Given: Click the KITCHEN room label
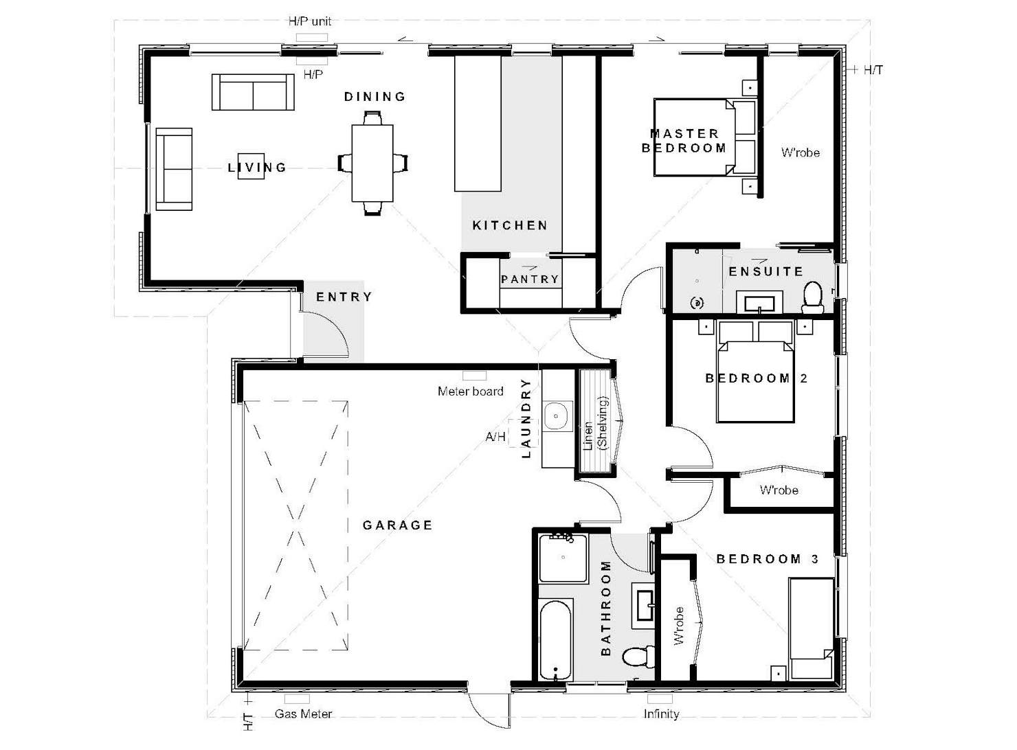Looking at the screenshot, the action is [x=509, y=225].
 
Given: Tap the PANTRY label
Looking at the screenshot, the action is [x=530, y=279].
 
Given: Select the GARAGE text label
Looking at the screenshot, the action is [x=397, y=525].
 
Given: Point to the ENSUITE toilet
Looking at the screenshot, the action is [x=812, y=297].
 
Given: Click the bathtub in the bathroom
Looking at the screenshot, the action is [x=556, y=640].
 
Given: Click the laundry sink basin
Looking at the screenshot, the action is [x=556, y=416].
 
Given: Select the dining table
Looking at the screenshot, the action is [x=372, y=163].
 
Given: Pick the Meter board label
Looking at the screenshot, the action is [x=471, y=391].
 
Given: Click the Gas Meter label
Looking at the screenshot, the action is [x=303, y=714].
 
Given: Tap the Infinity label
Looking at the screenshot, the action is [x=661, y=714].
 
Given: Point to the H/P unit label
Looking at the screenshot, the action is [x=309, y=21].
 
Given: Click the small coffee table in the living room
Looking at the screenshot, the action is [x=251, y=166].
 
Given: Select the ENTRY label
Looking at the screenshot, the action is [x=344, y=297].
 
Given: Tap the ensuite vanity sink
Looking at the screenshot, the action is [x=759, y=303].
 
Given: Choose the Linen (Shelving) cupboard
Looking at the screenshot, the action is [x=594, y=421].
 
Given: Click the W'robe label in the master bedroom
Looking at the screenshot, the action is [x=800, y=152].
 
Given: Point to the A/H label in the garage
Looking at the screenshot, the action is [x=495, y=437].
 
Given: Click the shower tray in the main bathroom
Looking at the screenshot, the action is [x=563, y=558].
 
